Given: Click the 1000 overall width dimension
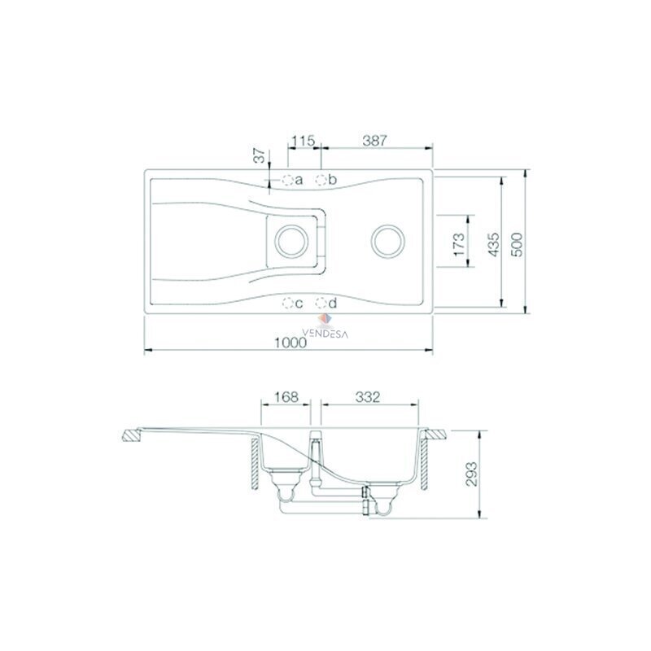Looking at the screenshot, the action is [x=291, y=343].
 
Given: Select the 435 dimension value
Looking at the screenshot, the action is [x=493, y=245].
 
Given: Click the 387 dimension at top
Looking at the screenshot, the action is [x=374, y=141].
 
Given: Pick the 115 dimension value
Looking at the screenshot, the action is [x=303, y=141].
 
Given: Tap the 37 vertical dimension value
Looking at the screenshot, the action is [x=260, y=155].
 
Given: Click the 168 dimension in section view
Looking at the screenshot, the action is [x=286, y=397].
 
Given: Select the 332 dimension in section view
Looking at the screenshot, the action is [x=368, y=397].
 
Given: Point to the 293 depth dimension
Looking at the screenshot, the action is [x=471, y=474].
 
